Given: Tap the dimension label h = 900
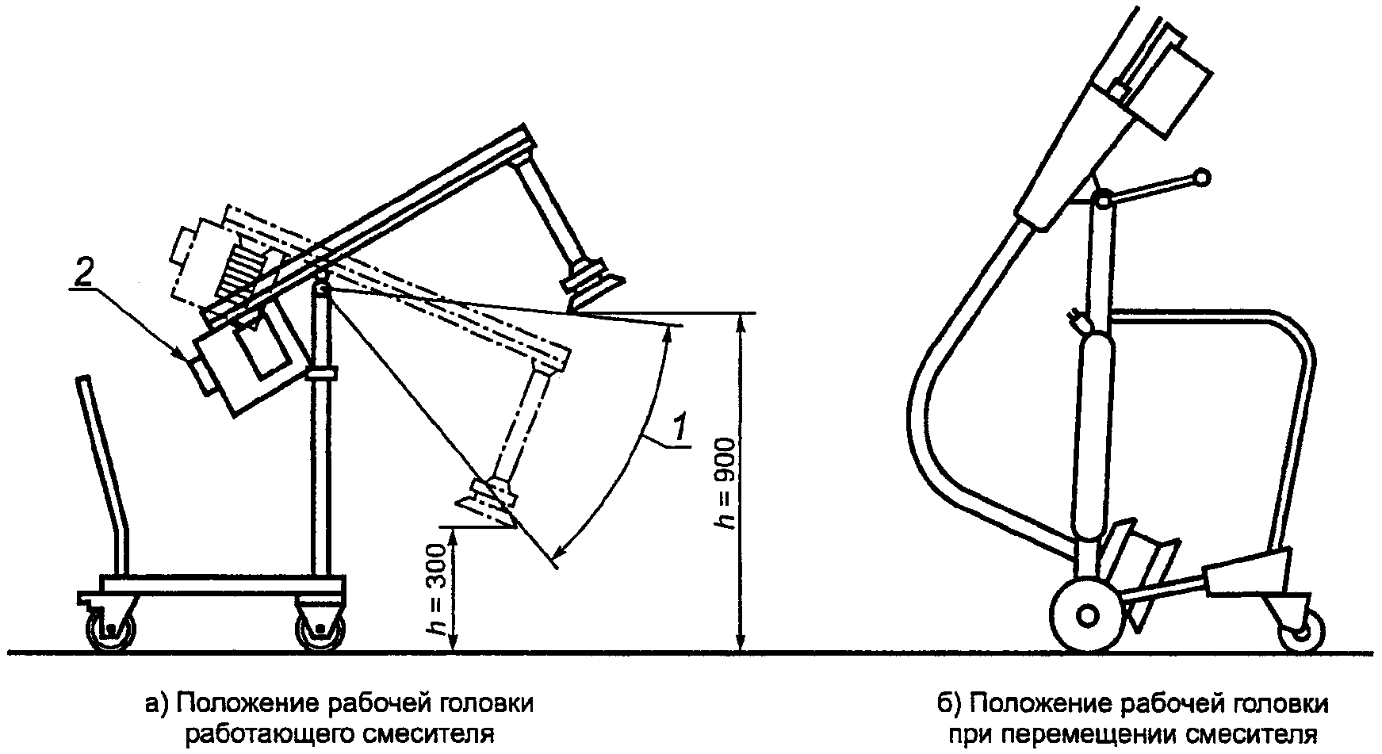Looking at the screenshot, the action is pos(725,483).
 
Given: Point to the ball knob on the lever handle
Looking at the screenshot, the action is pos(1202,178).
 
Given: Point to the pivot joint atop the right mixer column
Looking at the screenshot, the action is pos(1101,199).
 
